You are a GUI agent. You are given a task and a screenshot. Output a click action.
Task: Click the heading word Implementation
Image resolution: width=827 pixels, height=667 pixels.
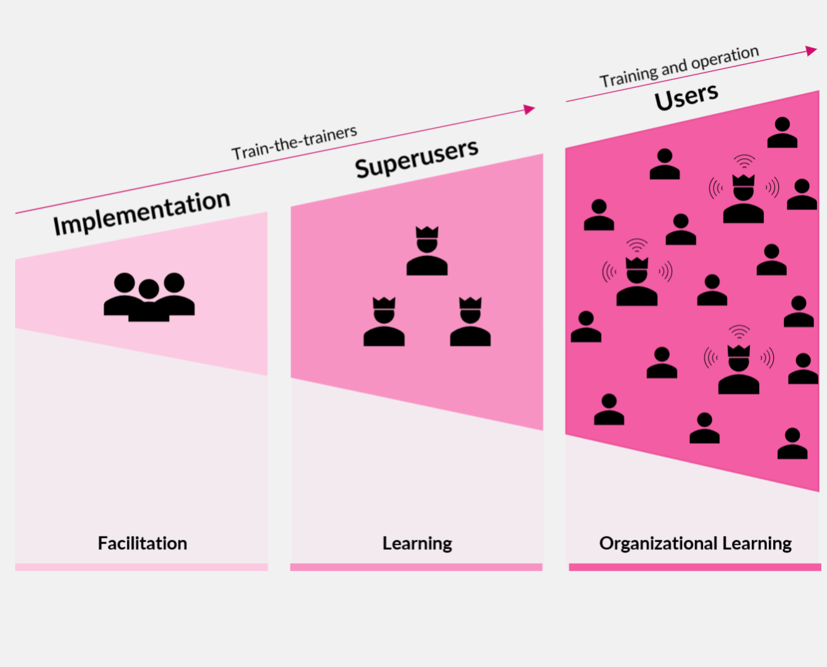[141, 213]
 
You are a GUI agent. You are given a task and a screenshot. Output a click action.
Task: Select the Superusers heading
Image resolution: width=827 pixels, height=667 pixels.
[416, 159]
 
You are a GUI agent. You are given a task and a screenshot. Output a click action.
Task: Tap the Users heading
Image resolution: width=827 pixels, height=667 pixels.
[686, 97]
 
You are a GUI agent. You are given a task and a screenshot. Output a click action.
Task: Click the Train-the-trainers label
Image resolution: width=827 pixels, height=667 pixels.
[294, 143]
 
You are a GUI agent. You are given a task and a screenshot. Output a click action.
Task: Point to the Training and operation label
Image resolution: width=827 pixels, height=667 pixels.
[679, 66]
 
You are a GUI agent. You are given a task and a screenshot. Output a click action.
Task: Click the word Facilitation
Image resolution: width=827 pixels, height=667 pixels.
[142, 543]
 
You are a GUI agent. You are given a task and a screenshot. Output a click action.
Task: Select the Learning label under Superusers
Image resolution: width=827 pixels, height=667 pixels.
[417, 543]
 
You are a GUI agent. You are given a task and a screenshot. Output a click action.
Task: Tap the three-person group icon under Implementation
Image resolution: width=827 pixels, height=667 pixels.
[149, 296]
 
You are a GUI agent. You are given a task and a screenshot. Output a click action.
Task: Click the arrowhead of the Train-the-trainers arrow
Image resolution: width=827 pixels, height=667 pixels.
[529, 110]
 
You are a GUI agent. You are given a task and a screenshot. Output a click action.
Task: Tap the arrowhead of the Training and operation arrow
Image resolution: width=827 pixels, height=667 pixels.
[811, 51]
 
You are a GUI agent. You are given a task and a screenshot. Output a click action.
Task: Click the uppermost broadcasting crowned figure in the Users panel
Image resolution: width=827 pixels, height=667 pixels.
[744, 198]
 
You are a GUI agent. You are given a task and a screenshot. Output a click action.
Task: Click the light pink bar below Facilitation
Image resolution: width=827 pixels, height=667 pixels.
[142, 567]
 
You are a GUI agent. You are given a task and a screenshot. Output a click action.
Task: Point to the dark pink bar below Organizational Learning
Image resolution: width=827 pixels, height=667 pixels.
[695, 567]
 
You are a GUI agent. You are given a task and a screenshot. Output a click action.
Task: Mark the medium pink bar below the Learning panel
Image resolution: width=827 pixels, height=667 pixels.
[416, 567]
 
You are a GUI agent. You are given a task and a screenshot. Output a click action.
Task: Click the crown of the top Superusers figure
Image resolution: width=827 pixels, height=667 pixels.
[427, 232]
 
